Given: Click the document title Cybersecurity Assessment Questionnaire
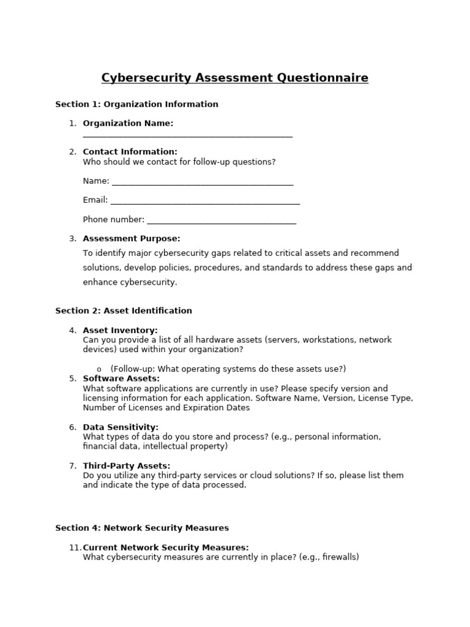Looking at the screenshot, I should coord(234,78).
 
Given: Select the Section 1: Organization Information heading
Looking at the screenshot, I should coord(136,104).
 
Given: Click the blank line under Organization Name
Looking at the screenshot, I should coord(187,135).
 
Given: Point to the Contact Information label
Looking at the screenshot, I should coord(130,152).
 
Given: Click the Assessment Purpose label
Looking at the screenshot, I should coord(132,239).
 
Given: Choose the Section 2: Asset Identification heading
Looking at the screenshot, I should coord(124,310).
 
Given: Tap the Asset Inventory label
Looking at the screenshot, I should coord(120,331).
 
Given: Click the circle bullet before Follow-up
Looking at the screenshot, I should coord(99,369).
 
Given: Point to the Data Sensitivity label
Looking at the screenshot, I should coord(121,427).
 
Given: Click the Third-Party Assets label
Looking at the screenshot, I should coord(127,466).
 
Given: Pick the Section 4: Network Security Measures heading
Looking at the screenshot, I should coord(142,528).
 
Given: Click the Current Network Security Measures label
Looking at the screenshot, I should coord(166,547).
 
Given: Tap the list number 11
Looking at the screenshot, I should coord(75,547).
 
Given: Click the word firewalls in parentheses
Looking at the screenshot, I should coord(338,557).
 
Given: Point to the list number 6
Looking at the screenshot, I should coord(73,427).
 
